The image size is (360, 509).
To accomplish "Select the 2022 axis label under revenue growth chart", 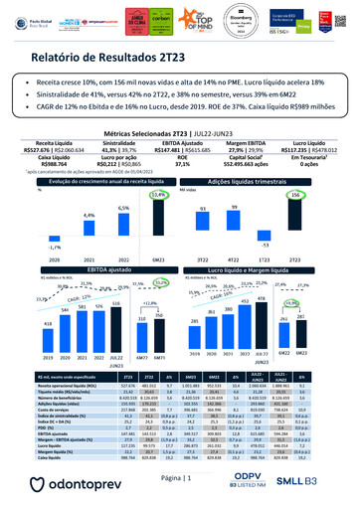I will (124, 255).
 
